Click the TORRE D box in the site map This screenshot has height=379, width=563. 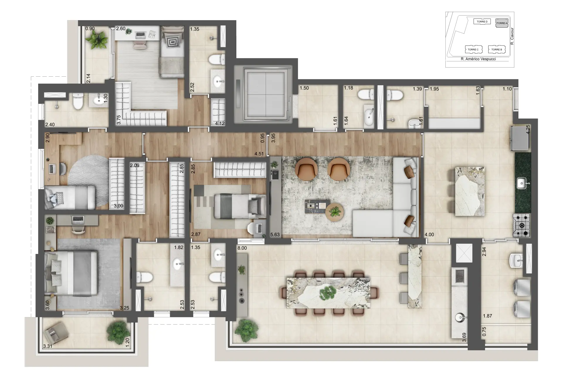pos(482,22)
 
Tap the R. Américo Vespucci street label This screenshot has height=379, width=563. pos(478,59)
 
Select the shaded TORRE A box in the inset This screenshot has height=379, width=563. pos(501,23)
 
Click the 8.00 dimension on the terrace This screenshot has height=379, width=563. pos(242,248)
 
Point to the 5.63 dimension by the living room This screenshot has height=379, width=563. pos(275,234)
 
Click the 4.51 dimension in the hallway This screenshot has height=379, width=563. pos(259,154)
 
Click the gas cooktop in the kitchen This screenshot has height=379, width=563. pos(521,225)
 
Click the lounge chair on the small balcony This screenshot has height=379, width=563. pos(56,334)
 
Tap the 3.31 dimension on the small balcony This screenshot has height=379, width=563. pos(48,346)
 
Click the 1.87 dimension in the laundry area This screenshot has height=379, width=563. pos(487,316)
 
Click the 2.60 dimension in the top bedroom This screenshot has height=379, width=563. pos(121,29)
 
